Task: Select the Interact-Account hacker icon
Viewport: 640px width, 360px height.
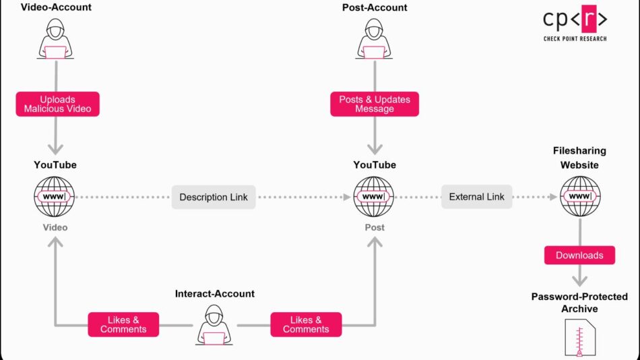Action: (214, 326)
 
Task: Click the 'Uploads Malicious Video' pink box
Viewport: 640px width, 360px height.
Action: (57, 104)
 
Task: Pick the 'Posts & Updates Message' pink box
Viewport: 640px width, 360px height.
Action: (375, 104)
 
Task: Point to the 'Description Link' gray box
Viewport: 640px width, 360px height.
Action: (214, 198)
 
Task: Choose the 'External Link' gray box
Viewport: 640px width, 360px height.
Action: (477, 197)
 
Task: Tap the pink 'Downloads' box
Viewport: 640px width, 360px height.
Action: (579, 256)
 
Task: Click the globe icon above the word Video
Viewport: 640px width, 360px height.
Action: (55, 197)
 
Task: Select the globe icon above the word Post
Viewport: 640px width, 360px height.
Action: (375, 197)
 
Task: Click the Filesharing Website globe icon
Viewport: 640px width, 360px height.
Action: (579, 197)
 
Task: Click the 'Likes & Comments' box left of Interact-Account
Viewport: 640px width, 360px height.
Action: (123, 324)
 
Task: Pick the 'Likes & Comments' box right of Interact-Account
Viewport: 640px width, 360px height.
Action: (306, 324)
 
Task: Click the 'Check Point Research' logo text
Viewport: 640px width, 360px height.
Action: (575, 39)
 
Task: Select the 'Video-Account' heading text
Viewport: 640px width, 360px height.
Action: (57, 7)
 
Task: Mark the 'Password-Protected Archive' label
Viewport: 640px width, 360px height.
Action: (579, 303)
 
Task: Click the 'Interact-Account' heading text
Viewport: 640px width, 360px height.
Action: (215, 294)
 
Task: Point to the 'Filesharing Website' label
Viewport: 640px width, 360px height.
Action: (579, 158)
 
